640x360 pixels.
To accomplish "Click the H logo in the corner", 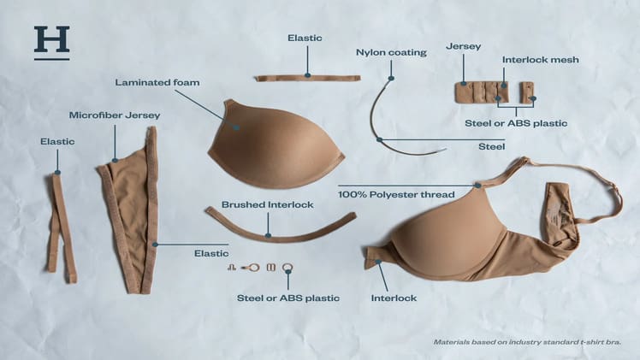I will (x=51, y=42).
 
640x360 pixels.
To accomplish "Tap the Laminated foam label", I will (x=157, y=82).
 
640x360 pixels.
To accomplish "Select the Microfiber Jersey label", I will (x=115, y=115).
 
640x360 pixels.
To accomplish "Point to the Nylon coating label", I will (x=391, y=53).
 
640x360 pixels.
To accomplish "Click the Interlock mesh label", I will (x=540, y=60).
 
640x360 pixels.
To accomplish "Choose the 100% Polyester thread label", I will (x=396, y=195).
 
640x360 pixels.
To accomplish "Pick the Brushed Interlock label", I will (x=267, y=205).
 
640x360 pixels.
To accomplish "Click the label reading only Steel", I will (x=491, y=147).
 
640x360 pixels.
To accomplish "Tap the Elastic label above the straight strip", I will (x=305, y=38).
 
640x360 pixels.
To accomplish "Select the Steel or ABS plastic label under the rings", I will (x=287, y=298).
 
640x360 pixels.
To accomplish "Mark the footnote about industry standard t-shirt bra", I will (x=525, y=342).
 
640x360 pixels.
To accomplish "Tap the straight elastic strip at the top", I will (x=307, y=78).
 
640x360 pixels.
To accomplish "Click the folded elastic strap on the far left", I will (x=60, y=227).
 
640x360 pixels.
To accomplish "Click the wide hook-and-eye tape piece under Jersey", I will (x=482, y=92).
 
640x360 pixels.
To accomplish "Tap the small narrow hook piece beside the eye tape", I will (x=527, y=92).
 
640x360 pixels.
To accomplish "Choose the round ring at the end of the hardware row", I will (x=287, y=267).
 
